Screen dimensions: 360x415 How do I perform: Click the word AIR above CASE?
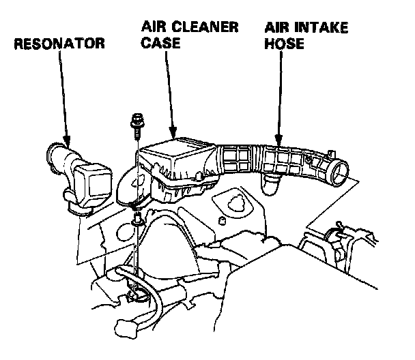(154, 28)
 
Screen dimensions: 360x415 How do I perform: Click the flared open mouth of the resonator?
(55, 151)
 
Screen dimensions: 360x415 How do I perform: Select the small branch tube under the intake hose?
(271, 181)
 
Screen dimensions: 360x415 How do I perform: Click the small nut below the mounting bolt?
(137, 219)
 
